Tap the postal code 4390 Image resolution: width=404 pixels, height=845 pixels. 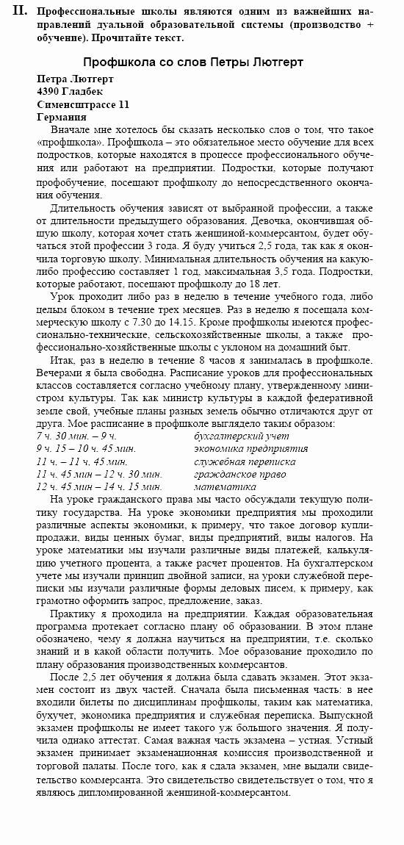(x=49, y=91)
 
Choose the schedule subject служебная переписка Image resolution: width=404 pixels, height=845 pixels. (x=245, y=461)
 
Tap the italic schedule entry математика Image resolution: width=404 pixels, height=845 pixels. (x=220, y=486)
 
